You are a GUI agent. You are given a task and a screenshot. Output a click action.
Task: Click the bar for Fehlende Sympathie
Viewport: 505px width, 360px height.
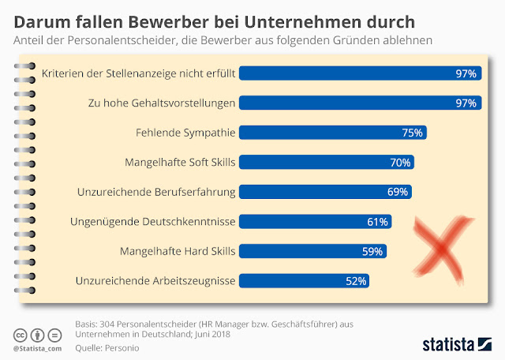point(332,133)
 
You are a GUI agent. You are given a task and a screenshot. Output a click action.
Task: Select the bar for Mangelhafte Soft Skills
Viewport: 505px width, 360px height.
point(326,163)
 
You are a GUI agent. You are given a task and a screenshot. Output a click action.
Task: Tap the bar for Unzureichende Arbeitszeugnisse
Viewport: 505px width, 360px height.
point(304,280)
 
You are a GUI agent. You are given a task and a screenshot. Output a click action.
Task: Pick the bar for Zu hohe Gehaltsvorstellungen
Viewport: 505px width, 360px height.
point(359,103)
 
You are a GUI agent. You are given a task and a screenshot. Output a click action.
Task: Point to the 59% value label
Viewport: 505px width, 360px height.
point(372,251)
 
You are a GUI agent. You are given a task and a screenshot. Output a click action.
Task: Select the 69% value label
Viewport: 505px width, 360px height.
point(398,192)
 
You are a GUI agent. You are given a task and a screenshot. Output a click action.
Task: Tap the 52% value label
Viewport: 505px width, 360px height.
point(356,280)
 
